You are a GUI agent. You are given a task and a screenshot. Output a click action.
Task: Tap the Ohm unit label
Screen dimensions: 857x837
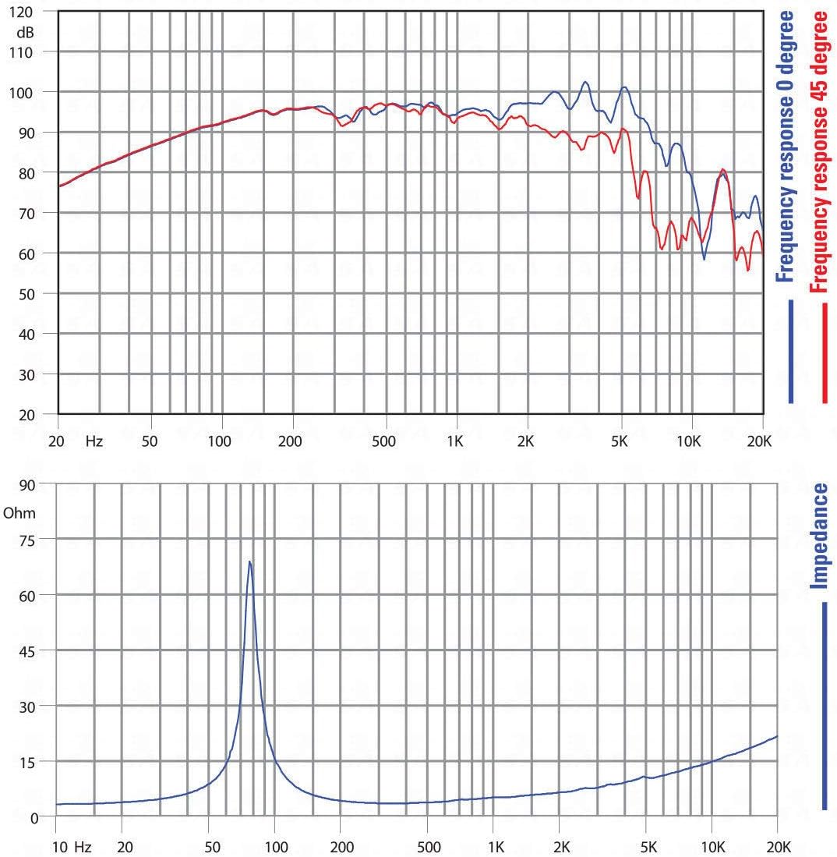pos(19,514)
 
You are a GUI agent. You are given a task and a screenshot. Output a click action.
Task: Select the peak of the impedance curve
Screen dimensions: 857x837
pos(250,561)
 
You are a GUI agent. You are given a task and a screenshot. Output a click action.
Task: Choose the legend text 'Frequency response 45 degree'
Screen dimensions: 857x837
pos(818,151)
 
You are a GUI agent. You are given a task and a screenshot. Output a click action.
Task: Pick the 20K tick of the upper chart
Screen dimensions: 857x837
pos(758,441)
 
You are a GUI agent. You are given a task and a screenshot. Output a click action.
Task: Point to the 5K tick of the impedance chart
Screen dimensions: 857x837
pos(646,847)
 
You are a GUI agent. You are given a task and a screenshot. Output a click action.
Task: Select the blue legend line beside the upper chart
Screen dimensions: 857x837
pos(791,352)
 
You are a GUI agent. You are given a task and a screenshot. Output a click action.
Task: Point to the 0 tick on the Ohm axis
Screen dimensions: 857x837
pos(34,817)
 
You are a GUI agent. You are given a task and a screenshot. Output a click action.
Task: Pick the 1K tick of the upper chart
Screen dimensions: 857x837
pos(455,441)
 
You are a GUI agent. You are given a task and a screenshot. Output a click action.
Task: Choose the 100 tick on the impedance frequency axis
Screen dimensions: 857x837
pos(274,847)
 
